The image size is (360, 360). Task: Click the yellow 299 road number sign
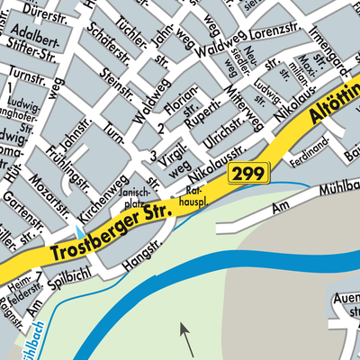248,174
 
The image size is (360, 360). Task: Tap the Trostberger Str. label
110,229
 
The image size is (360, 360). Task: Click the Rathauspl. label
197,197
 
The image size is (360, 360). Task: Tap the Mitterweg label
244,106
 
